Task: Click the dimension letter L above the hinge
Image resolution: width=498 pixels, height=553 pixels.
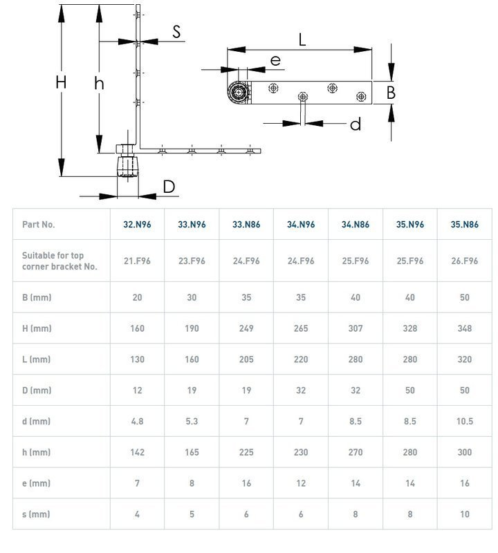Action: [302, 39]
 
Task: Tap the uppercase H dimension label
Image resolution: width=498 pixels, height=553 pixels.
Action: [61, 82]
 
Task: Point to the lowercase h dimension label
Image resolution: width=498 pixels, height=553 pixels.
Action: [100, 84]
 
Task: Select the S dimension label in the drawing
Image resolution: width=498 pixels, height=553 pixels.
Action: [176, 31]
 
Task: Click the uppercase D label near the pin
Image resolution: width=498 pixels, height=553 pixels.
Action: [169, 187]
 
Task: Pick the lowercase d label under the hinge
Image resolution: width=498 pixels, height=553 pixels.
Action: [356, 124]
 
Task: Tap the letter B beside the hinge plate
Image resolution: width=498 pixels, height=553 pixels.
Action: [391, 92]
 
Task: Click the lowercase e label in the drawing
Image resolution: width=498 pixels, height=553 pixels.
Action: [276, 61]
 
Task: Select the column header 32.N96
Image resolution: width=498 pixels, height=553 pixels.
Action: [137, 225]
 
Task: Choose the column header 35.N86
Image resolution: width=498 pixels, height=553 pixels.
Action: [464, 225]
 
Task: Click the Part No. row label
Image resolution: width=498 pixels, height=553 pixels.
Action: [38, 225]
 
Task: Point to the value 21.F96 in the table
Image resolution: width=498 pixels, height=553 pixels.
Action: [137, 261]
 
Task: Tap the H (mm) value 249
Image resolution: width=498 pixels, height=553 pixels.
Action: [246, 328]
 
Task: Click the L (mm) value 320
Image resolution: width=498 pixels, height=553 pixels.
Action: [464, 359]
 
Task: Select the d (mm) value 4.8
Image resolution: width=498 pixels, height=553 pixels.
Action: [137, 422]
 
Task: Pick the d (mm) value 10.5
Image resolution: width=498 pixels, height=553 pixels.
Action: [464, 422]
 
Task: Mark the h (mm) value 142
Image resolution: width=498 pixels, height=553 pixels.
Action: [137, 453]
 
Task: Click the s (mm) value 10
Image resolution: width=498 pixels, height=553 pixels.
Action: [464, 514]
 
